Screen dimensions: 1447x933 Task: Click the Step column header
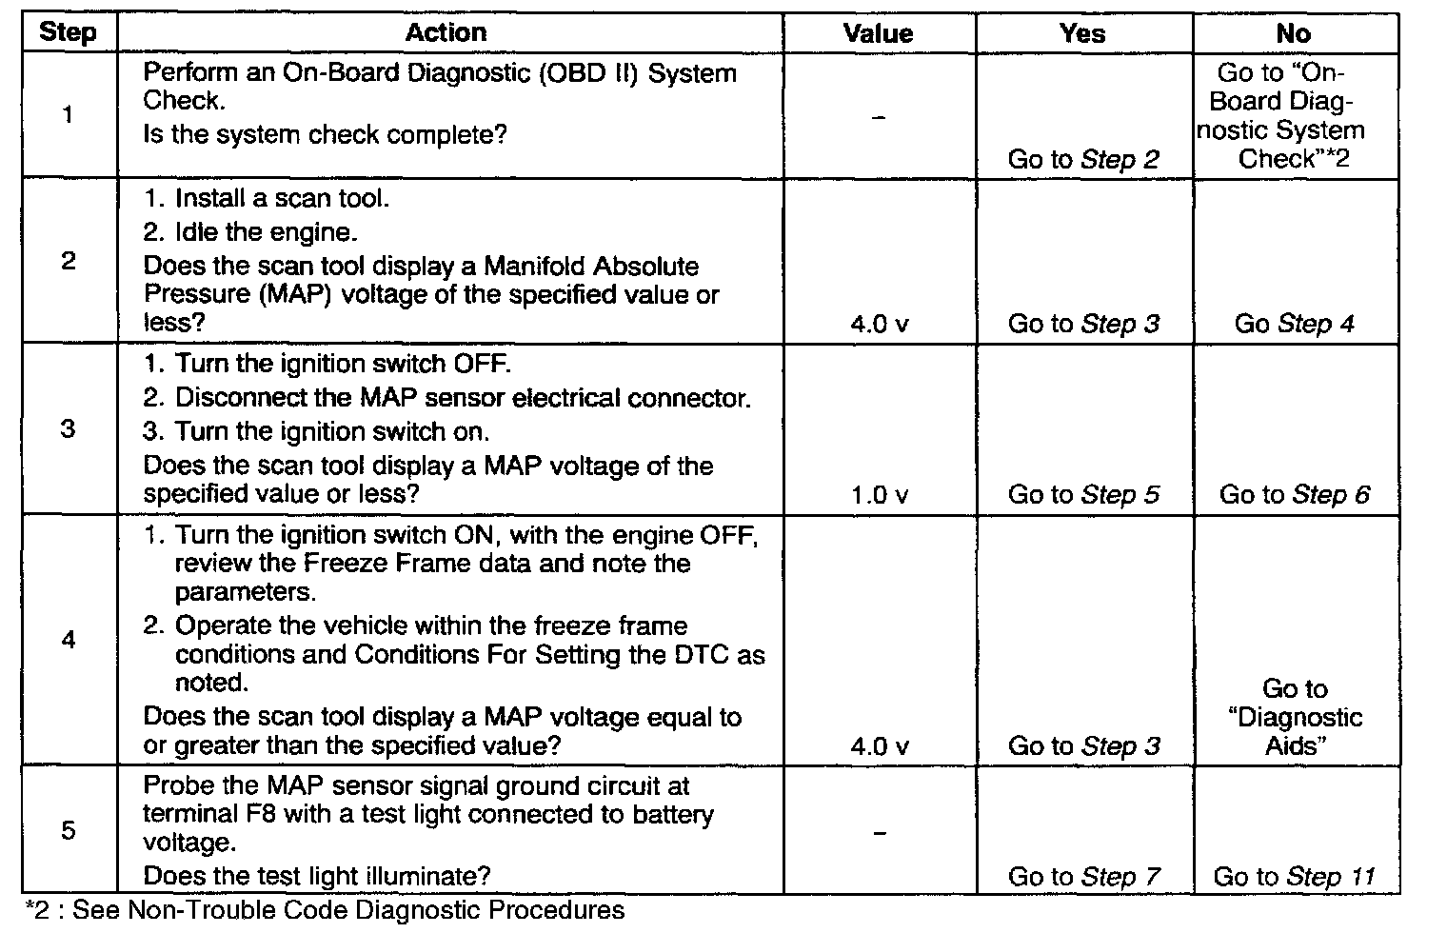68,33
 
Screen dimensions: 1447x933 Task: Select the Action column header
446,33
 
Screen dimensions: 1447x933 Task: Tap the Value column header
878,33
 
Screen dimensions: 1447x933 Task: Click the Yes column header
1082,33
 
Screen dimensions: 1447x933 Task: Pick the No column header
1293,33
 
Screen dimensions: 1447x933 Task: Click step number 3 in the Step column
68,428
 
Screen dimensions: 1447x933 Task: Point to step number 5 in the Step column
68,830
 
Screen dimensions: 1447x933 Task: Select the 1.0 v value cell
879,495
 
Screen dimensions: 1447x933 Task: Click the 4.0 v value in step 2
879,324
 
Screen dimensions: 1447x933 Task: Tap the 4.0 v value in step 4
879,746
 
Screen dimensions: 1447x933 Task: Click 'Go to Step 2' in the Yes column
1083,160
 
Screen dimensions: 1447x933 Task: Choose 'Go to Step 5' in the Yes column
1083,495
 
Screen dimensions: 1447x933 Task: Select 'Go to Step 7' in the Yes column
1083,877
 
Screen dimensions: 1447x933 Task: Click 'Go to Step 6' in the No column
1294,495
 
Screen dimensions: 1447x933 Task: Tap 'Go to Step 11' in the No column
1294,877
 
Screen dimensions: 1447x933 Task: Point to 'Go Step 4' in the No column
1294,324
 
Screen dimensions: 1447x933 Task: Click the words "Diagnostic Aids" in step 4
1295,731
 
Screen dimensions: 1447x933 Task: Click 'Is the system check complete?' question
325,134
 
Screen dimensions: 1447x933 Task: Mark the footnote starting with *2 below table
324,910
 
